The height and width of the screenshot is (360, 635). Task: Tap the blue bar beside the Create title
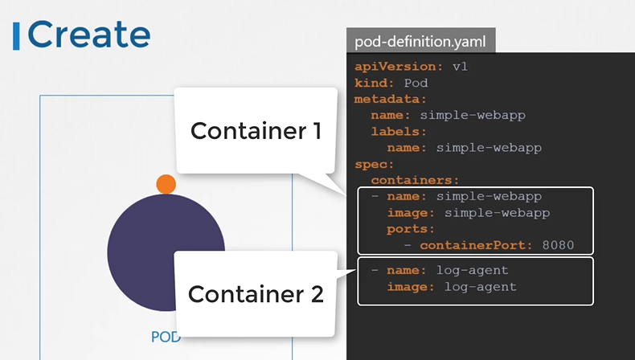pyautogui.click(x=17, y=35)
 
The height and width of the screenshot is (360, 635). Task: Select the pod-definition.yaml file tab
pyautogui.click(x=420, y=40)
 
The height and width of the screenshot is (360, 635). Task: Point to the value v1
pyautogui.click(x=460, y=66)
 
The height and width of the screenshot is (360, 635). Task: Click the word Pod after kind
pyautogui.click(x=416, y=83)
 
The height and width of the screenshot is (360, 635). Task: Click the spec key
pyautogui.click(x=371, y=164)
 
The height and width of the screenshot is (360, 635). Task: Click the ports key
pyautogui.click(x=410, y=229)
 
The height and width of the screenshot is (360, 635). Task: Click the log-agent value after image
pyautogui.click(x=480, y=287)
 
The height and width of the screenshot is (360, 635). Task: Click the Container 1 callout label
pyautogui.click(x=256, y=130)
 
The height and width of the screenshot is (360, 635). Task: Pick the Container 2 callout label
pyautogui.click(x=256, y=294)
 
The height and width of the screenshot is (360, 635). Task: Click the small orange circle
pyautogui.click(x=166, y=183)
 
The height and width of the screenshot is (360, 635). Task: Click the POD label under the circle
pyautogui.click(x=165, y=337)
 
